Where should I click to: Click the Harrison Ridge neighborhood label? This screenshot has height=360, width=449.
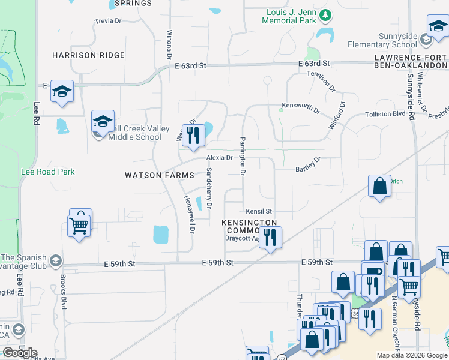88,55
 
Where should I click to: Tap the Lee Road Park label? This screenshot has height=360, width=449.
47,172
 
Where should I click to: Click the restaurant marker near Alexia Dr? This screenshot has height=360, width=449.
193,135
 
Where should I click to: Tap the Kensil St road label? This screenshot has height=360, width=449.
259,211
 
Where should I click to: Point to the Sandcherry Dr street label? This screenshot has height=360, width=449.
209,188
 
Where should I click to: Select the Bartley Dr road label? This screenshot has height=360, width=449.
309,165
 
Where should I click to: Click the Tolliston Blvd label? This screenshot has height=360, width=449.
385,114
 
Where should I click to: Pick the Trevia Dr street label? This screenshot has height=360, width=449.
108,21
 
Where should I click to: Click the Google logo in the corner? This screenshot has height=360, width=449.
19,353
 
